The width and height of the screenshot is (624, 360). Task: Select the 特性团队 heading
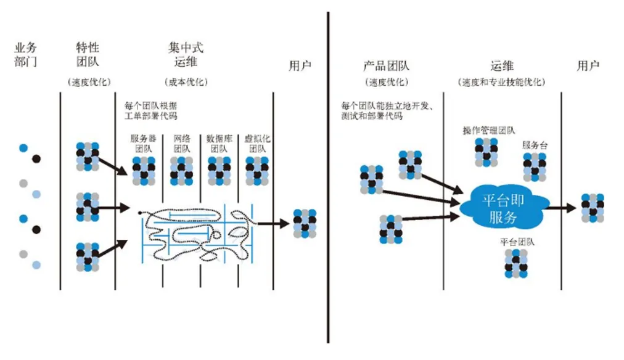[x=87, y=54]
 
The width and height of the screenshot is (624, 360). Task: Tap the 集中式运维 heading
[x=186, y=54]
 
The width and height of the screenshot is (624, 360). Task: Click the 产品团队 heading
[x=387, y=66]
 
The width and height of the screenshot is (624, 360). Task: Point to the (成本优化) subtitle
[x=186, y=82]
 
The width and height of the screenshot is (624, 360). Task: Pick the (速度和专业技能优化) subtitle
[x=502, y=82]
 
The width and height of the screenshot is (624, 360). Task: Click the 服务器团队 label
[x=144, y=143]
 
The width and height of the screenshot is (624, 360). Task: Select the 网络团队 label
[x=182, y=143]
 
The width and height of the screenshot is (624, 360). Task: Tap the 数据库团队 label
[x=220, y=143]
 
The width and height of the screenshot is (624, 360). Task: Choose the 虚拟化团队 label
[x=257, y=143]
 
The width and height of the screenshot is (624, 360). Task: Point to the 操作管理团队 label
[x=488, y=131]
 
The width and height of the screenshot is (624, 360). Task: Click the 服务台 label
[x=535, y=145]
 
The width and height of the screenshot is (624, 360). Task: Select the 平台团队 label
[x=517, y=242]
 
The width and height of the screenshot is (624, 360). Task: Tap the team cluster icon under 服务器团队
[x=144, y=171]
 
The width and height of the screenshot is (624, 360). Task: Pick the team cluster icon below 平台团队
[x=517, y=263]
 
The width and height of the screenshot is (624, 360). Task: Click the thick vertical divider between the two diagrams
[x=328, y=179]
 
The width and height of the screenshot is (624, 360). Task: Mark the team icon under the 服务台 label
[x=535, y=167]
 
